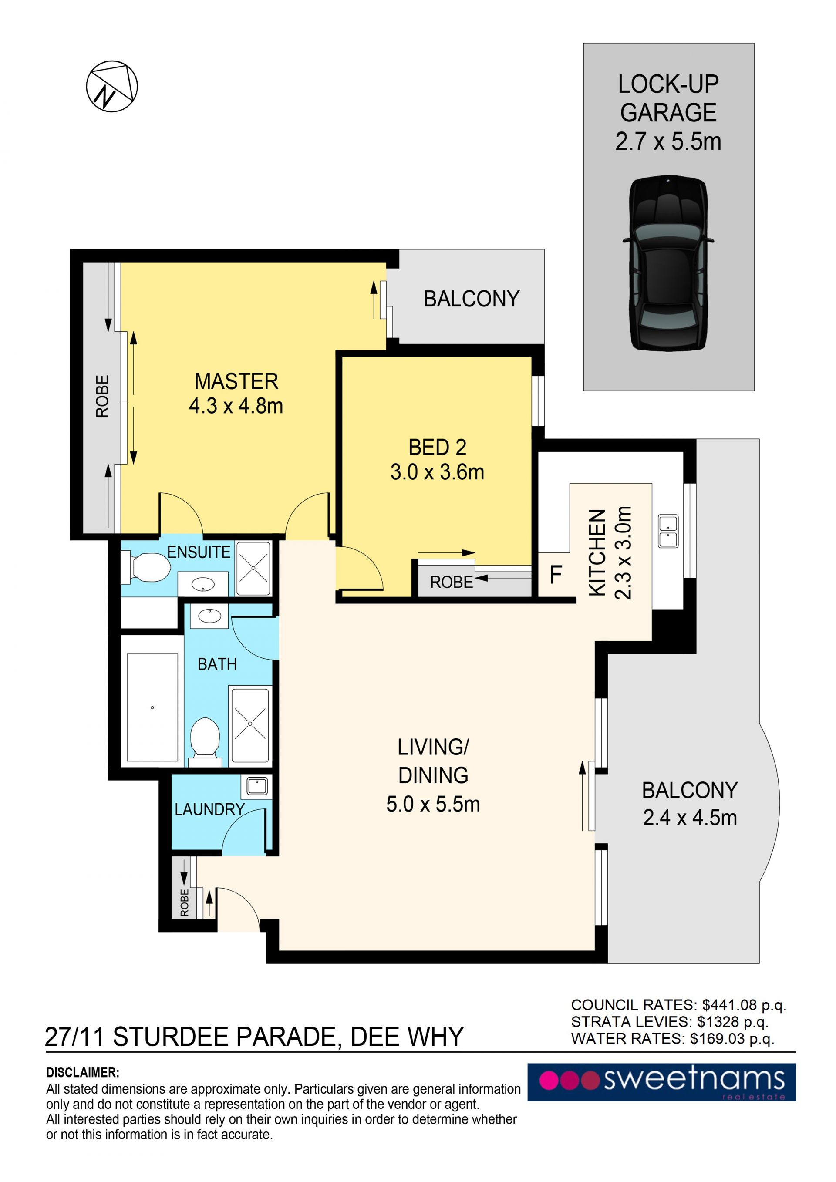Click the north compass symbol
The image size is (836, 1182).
112,86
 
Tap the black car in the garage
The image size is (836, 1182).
668,263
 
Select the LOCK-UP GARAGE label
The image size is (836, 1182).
668,98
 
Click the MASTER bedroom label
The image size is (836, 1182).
236,381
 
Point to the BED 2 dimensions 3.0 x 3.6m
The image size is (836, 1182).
437,472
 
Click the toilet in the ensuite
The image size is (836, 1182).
146,567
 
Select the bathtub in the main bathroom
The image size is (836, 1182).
152,707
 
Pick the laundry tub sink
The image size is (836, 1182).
256,786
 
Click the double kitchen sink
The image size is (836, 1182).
668,531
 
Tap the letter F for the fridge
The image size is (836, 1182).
556,575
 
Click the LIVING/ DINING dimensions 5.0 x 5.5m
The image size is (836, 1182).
433,804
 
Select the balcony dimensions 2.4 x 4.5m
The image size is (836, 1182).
690,818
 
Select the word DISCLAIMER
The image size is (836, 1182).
82,1072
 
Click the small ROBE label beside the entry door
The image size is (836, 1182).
184,903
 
